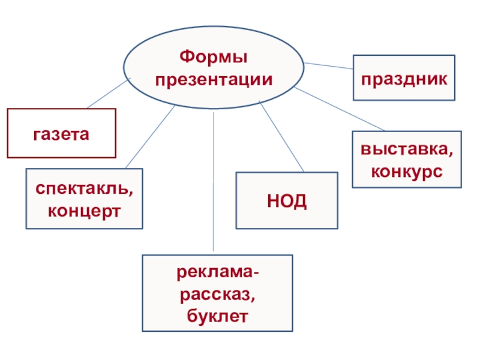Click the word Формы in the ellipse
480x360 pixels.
pyautogui.click(x=214, y=59)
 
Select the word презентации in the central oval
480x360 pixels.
pyautogui.click(x=214, y=80)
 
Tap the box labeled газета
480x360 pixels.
pyautogui.click(x=61, y=133)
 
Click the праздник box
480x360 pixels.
pyautogui.click(x=404, y=77)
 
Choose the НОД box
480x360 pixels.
pyautogui.click(x=286, y=200)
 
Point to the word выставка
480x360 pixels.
pyautogui.click(x=407, y=151)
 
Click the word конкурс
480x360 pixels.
pyautogui.click(x=407, y=172)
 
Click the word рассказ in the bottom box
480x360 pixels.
pyautogui.click(x=217, y=294)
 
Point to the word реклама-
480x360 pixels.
pyautogui.click(x=217, y=274)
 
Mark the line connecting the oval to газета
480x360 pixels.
pyautogui.click(x=109, y=94)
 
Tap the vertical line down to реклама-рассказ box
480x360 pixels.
pyautogui.click(x=214, y=180)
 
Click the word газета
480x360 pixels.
pyautogui.click(x=61, y=133)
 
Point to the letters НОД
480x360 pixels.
pyautogui.click(x=286, y=200)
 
